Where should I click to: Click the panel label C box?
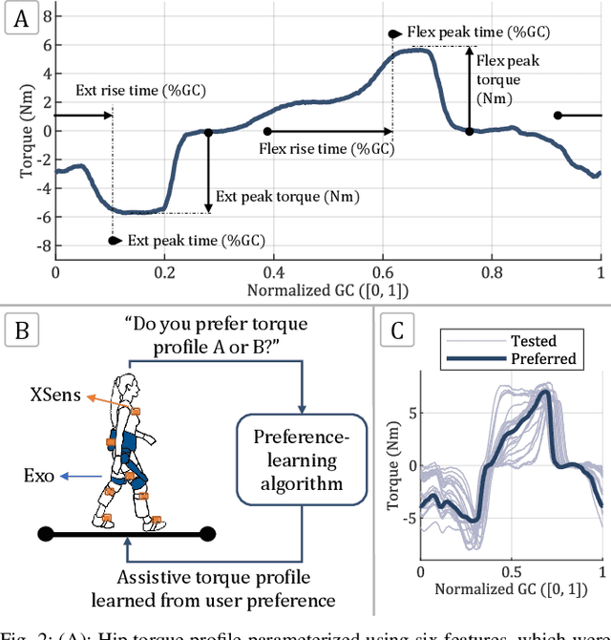tap(397, 332)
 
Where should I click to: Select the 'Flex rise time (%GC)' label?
tap(326, 149)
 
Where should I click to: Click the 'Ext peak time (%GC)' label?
tap(196, 241)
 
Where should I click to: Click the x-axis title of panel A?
tap(327, 288)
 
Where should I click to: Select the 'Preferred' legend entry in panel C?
tap(543, 359)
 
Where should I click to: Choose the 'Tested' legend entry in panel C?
tap(533, 341)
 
